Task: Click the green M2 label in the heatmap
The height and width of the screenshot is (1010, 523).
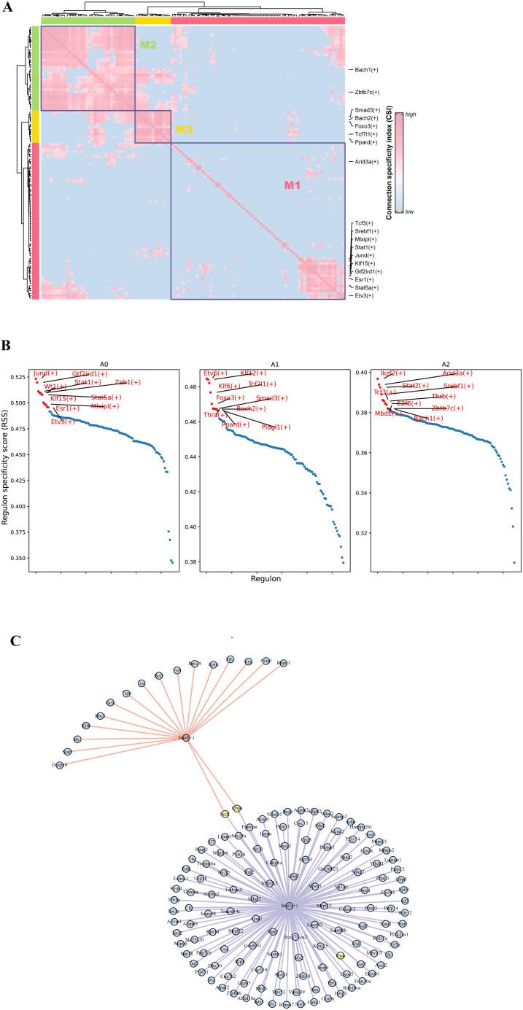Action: point(148,45)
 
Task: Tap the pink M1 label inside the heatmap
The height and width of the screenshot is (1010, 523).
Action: point(293,186)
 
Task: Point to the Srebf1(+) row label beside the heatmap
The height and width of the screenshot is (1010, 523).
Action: point(367,231)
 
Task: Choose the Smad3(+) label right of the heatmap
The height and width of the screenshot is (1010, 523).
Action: point(368,109)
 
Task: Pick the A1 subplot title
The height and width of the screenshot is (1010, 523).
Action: point(274,360)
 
